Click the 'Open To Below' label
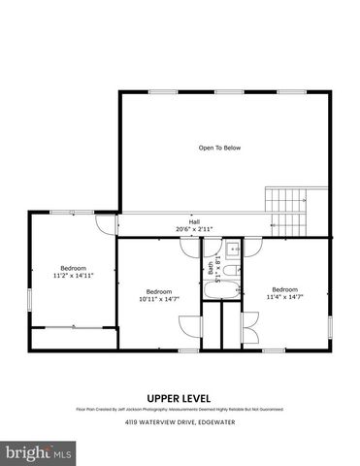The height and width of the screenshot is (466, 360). [219, 148]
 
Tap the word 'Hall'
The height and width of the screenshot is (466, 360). [180, 221]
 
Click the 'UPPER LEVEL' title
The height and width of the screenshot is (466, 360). [180, 398]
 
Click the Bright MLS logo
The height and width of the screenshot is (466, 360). [39, 452]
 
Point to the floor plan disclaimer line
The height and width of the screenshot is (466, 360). [180, 410]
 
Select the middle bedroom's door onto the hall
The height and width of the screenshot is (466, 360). [188, 247]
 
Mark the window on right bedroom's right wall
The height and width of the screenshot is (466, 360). [330, 327]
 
